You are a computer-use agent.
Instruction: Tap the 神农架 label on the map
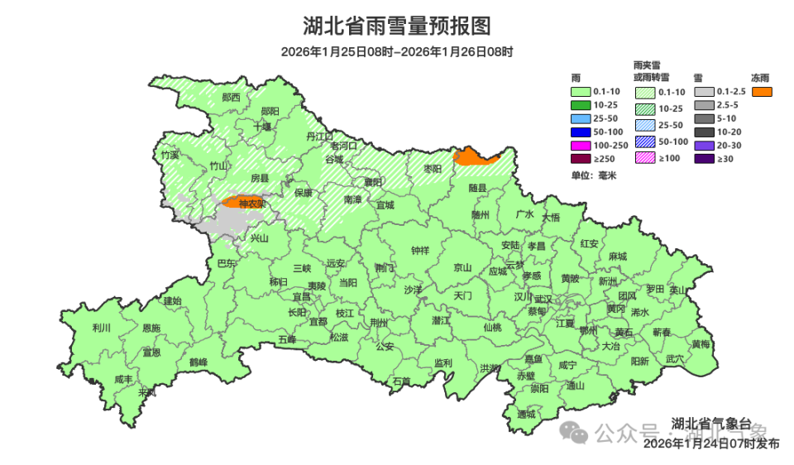coord(251,203)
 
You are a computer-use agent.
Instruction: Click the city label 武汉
coord(543,299)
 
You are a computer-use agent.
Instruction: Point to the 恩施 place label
coord(151,328)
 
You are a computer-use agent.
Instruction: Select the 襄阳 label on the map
coord(373,182)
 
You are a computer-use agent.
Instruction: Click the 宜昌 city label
coord(301,295)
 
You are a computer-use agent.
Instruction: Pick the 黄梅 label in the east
coord(701,343)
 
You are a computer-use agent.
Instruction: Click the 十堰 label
coord(262,127)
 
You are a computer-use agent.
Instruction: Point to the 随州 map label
coord(481,213)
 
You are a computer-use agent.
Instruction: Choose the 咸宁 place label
coord(567,364)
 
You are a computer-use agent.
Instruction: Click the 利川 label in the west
coord(102,327)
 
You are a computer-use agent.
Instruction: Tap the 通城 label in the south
coord(526,414)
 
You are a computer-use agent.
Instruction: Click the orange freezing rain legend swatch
coord(762,91)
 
